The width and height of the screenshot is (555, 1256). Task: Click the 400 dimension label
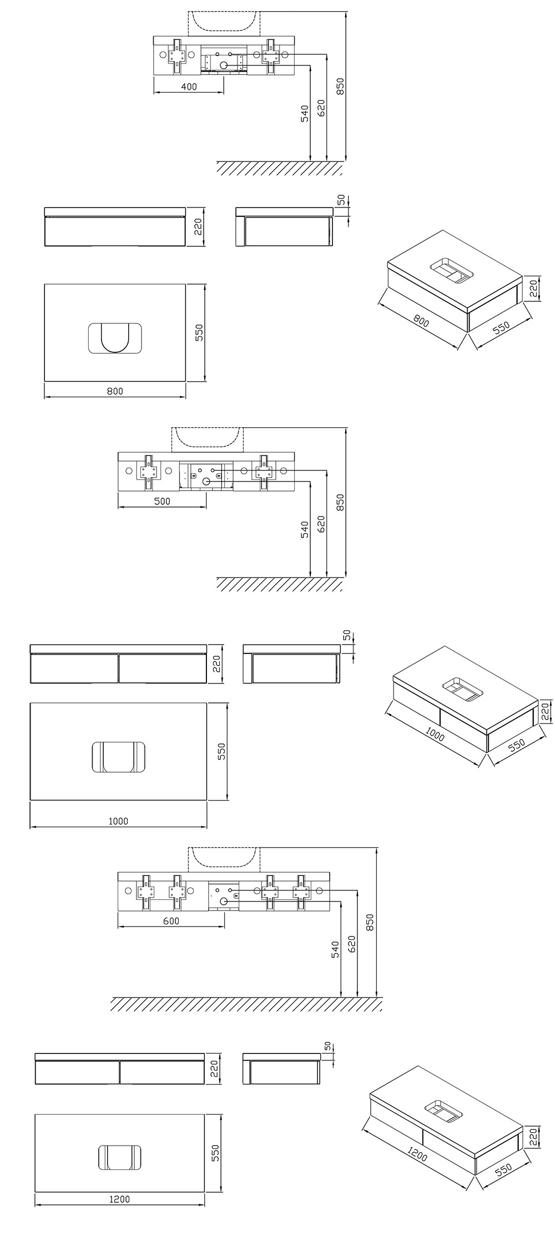[x=189, y=87]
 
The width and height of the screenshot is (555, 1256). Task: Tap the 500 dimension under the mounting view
[x=162, y=502]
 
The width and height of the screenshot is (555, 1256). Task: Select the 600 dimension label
[x=171, y=921]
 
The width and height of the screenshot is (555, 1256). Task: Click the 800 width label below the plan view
[x=114, y=391]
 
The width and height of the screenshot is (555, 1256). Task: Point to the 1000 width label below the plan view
[x=118, y=821]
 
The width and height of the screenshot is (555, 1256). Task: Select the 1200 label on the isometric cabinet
[x=417, y=1154]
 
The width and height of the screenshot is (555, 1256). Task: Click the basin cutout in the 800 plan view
[x=115, y=337]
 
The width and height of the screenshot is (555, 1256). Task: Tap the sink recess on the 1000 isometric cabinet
[x=463, y=689]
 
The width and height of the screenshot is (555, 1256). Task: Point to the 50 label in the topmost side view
[x=341, y=199]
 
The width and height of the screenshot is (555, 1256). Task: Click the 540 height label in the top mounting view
[x=304, y=113]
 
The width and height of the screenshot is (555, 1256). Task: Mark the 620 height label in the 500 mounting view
[x=321, y=524]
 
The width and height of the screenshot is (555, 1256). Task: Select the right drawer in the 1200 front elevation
[x=162, y=1072]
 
